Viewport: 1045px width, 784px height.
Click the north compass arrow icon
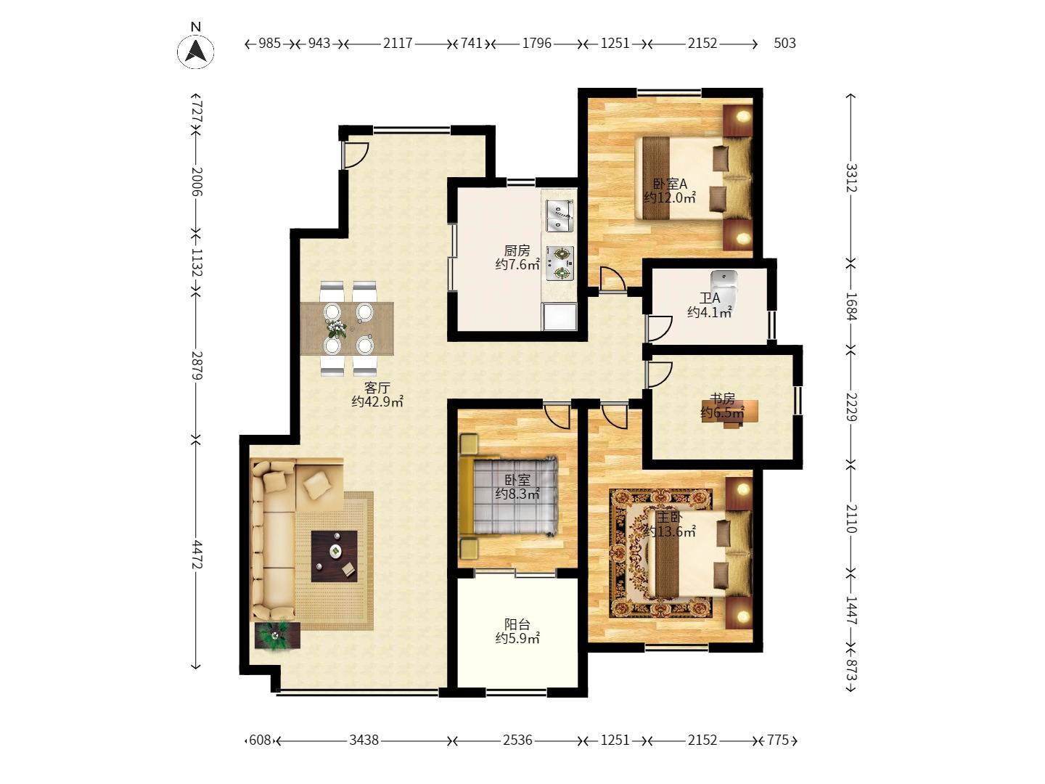tap(195, 51)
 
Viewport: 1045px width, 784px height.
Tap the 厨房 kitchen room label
tap(517, 250)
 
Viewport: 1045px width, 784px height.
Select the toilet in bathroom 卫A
tap(724, 284)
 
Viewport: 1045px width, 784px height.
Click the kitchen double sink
tap(559, 216)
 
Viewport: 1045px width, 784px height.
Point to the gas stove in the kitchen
tap(560, 264)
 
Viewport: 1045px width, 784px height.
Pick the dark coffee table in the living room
tap(335, 556)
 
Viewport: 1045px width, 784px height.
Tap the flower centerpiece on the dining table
tap(337, 328)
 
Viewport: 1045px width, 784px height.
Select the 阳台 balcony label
tap(517, 624)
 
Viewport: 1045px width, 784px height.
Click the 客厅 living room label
tap(377, 388)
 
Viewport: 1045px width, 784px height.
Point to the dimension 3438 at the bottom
tap(364, 740)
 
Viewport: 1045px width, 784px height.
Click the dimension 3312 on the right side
tap(851, 178)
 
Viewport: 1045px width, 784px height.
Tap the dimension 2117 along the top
tap(398, 44)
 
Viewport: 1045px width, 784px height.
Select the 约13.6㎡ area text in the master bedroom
tap(669, 531)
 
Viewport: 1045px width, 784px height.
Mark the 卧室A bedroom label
tap(669, 184)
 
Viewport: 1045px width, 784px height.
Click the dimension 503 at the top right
tap(784, 44)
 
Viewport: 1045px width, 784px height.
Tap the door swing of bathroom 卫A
tap(660, 328)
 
